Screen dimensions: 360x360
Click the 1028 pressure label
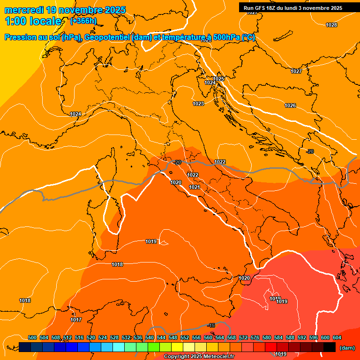[x=331, y=25]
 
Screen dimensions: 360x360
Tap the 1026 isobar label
[x=290, y=105]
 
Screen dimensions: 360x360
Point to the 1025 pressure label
[x=218, y=79]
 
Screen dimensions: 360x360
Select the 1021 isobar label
[x=195, y=187]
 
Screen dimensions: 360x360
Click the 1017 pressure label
[x=76, y=320]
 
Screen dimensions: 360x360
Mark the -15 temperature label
[x=211, y=325]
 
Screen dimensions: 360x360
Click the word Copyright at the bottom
[x=176, y=357]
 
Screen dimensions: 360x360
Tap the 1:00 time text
[x=16, y=22]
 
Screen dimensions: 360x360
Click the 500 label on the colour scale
[x=32, y=337]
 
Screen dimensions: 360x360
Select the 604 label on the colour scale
[x=337, y=337]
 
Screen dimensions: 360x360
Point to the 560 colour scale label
[x=208, y=337]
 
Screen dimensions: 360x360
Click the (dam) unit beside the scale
[x=347, y=348]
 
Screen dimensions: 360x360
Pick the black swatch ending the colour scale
[x=330, y=347]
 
